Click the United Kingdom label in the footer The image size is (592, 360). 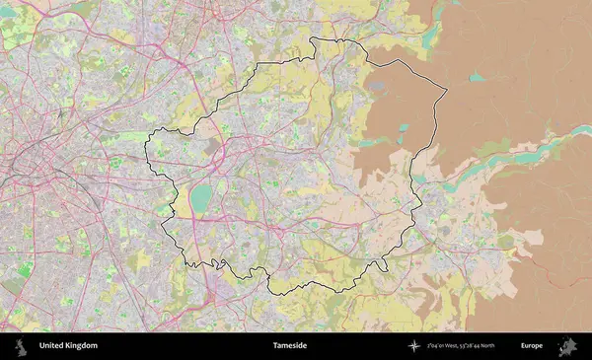point(68,346)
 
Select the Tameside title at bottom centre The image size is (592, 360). point(290,346)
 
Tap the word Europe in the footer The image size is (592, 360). point(532,346)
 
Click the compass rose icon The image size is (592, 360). point(414,346)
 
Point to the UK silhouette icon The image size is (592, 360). point(20,346)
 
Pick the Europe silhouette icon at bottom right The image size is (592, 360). point(567,346)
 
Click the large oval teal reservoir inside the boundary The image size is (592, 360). point(201,198)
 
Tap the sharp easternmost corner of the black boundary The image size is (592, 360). point(447,92)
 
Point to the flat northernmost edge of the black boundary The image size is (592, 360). point(335,40)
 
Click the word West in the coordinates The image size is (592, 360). point(453,346)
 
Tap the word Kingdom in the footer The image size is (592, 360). point(82,346)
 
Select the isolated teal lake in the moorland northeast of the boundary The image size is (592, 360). point(477,77)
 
